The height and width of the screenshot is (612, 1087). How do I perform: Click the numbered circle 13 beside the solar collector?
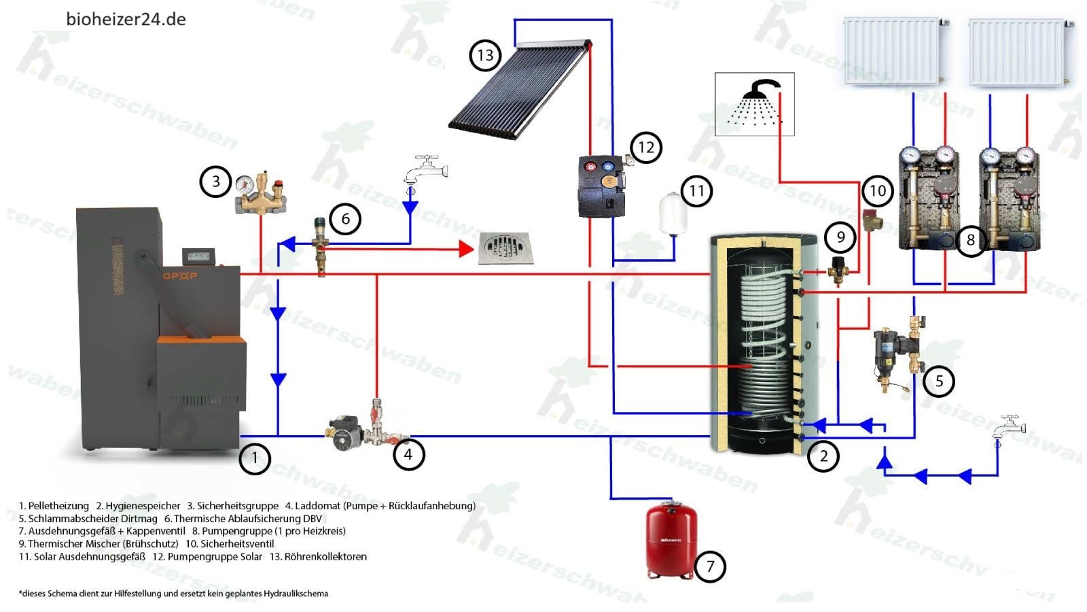[x=485, y=55]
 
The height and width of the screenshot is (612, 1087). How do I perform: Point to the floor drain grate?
[x=506, y=248]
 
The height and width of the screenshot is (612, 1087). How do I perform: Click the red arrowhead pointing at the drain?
[x=466, y=249]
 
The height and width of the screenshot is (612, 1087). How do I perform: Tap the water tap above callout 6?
[x=426, y=170]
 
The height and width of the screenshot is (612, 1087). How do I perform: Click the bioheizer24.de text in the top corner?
[x=126, y=19]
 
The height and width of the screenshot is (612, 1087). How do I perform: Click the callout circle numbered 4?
[x=408, y=454]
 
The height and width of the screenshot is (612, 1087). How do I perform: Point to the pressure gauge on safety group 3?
[x=243, y=184]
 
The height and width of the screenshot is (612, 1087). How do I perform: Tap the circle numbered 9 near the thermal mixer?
[x=841, y=237]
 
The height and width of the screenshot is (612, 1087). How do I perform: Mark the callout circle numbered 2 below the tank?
[x=823, y=456]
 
